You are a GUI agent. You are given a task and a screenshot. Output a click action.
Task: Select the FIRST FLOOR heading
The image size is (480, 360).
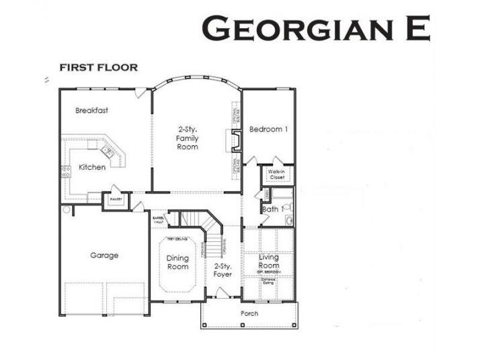click(99, 67)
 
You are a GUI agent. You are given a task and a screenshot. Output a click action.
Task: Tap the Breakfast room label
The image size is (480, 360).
click(92, 110)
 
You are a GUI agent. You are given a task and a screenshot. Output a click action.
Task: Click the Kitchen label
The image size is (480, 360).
click(92, 167)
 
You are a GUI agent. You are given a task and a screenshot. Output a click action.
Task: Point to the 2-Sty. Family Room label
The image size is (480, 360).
click(188, 138)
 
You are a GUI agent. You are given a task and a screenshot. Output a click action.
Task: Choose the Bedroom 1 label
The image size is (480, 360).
click(268, 129)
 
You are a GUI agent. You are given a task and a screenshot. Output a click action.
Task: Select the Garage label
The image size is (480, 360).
click(104, 255)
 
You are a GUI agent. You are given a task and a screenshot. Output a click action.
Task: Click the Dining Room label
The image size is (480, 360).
click(177, 263)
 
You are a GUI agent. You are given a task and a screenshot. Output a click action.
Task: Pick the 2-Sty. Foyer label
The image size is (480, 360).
click(223, 270)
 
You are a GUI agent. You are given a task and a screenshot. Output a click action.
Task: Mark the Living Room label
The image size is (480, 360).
click(268, 261)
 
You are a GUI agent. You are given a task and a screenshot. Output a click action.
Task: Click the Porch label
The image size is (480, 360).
click(249, 314)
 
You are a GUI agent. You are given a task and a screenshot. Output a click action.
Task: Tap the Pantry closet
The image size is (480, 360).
click(116, 200)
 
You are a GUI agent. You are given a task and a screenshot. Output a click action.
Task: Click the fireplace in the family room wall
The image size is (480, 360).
click(236, 142)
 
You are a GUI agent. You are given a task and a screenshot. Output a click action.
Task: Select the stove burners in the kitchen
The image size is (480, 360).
click(66, 171)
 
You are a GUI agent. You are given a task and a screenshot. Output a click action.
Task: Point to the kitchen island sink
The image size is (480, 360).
click(108, 151)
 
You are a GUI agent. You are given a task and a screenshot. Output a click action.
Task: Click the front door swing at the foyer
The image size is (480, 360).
click(221, 294)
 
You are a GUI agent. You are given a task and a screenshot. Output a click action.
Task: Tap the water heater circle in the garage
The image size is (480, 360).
click(66, 210)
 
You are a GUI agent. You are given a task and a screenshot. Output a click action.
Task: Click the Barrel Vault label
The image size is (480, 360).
click(159, 220)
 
